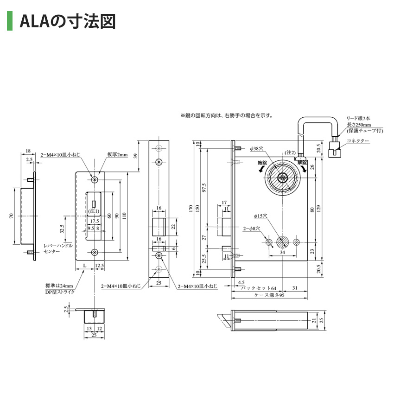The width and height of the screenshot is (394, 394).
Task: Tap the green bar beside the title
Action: tap(9, 21)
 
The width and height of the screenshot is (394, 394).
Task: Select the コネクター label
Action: tap(358, 141)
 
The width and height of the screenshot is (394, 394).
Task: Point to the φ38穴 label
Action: tap(256, 149)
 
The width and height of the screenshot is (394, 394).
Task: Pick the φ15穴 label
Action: tap(261, 216)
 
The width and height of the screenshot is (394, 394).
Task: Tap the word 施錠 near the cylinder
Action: tap(262, 163)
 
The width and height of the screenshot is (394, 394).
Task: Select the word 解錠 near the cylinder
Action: tap(303, 163)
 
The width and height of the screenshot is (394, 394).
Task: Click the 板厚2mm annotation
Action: tap(117, 154)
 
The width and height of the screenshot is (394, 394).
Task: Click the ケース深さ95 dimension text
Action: tap(268, 295)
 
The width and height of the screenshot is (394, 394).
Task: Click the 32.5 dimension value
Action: tap(62, 229)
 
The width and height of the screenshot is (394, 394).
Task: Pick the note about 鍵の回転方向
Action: tap(227, 115)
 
